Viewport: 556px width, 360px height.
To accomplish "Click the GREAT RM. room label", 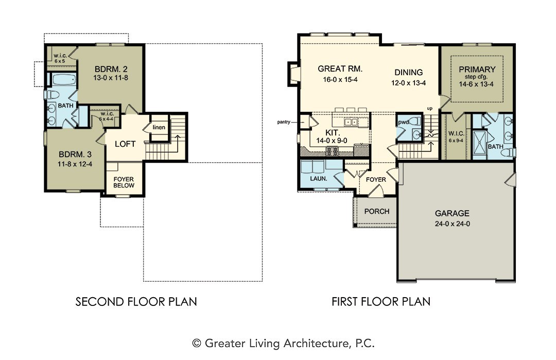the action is [340, 69].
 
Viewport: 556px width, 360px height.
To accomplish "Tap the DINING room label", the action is [408, 72].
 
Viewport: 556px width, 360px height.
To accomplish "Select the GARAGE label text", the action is [452, 213].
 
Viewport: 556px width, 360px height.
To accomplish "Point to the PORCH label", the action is [376, 211].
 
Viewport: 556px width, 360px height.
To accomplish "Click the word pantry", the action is [284, 122].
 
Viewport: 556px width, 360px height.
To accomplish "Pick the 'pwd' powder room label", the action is [404, 123].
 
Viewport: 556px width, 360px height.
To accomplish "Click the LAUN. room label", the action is [319, 179].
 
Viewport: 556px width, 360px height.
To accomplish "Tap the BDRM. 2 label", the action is [111, 69].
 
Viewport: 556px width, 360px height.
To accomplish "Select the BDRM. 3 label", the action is [75, 155].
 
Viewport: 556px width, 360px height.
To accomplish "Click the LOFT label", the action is [125, 144].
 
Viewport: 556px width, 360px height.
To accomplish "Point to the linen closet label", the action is [159, 127].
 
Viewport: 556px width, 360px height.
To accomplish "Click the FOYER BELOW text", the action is [124, 182].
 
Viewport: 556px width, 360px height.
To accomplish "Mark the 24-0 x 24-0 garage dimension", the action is [452, 224].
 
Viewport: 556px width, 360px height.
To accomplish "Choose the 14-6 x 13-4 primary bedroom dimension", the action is [476, 84].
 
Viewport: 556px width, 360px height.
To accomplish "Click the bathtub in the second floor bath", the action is [64, 79].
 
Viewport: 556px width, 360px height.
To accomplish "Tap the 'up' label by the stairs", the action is [430, 109].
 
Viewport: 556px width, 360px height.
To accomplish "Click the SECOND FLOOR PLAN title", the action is [136, 302].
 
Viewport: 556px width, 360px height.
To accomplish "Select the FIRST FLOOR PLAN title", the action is [381, 302].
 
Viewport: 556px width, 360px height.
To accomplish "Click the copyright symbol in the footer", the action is [197, 344].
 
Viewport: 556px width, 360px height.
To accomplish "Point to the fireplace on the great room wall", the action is [294, 74].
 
